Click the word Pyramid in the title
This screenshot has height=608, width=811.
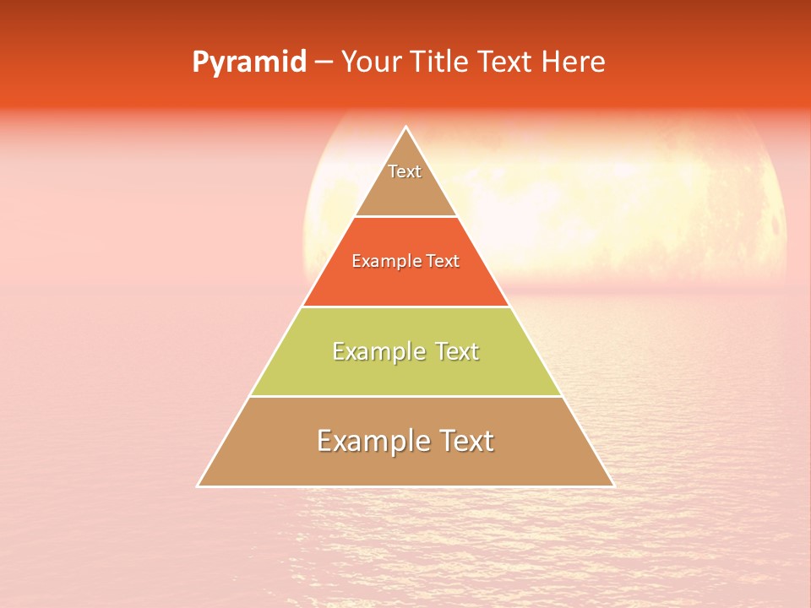[x=249, y=62]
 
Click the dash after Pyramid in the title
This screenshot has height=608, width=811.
[x=323, y=62]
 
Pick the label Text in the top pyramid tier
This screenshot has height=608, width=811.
[x=405, y=171]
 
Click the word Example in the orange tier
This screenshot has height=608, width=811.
[x=382, y=262]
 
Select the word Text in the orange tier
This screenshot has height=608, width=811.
[x=443, y=262]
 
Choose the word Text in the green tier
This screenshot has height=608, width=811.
[x=455, y=351]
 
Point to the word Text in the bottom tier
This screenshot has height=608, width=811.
[x=465, y=441]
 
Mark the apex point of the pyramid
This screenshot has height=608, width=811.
[x=405, y=127]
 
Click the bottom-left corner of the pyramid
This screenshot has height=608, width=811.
[x=198, y=486]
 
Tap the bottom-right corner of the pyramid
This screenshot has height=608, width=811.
[x=613, y=486]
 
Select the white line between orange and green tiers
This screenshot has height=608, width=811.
[x=405, y=307]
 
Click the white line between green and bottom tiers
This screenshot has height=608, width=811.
[x=405, y=396]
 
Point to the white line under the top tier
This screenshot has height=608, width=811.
[x=405, y=216]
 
